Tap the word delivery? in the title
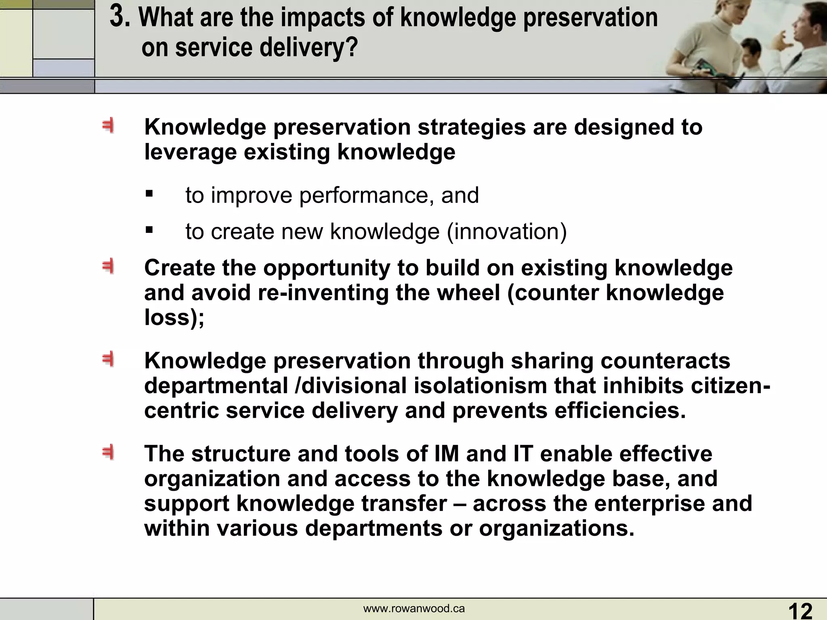point(309,47)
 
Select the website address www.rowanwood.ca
point(414,609)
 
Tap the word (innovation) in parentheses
point(507,232)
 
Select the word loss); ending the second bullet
point(174,317)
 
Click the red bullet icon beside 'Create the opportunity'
point(108,267)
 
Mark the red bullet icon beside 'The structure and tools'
point(108,452)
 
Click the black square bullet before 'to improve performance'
point(149,194)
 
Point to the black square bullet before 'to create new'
point(149,230)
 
